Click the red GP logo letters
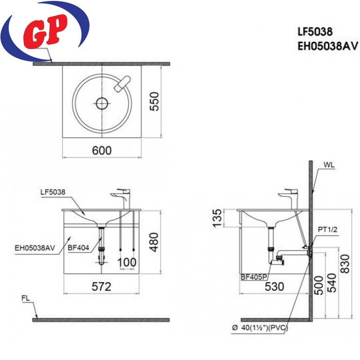(x=45, y=31)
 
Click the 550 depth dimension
(x=154, y=101)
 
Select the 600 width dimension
(x=102, y=151)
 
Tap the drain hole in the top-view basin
(x=102, y=103)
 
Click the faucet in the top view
(x=123, y=84)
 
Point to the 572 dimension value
(x=102, y=287)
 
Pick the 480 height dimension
(x=154, y=242)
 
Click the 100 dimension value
(x=127, y=262)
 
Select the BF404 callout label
(x=78, y=248)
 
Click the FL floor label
(x=25, y=298)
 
